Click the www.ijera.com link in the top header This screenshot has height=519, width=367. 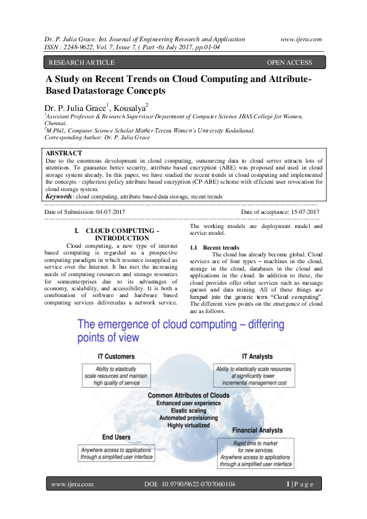[300, 39]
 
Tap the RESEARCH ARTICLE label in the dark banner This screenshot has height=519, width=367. [81, 62]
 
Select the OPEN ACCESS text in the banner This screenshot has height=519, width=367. [289, 62]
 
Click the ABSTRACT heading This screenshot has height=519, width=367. [64, 153]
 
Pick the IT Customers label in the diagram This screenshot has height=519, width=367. [117, 356]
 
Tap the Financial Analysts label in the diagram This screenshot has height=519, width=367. [257, 430]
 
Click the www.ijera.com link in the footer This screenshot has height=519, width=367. [72, 484]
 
